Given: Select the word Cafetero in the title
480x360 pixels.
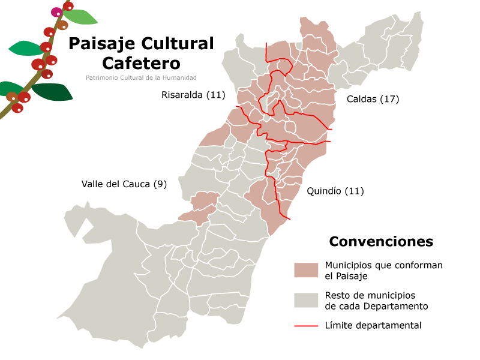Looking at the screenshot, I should tap(141, 63).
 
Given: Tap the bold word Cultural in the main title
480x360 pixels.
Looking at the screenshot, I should tap(177, 44).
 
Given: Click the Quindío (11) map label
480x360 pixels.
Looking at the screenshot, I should tap(335, 191).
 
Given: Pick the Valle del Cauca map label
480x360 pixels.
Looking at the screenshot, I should tap(116, 184).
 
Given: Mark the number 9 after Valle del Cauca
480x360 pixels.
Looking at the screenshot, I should tap(160, 184).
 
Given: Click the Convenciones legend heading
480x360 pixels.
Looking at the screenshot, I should tap(380, 242).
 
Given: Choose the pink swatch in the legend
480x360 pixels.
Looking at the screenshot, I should tap(306, 270).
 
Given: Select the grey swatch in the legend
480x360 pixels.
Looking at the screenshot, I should tap(306, 300).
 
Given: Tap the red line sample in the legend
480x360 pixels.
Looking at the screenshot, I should tap(306, 326).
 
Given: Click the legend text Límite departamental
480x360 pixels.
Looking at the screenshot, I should tap(373, 326).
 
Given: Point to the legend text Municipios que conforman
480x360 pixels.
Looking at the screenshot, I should tap(383, 265).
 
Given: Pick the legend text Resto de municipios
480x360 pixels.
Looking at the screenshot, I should tap(370, 295).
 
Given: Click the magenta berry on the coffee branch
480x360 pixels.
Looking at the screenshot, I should tap(56, 12).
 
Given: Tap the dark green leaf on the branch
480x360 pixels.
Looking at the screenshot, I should tap(52, 92).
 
